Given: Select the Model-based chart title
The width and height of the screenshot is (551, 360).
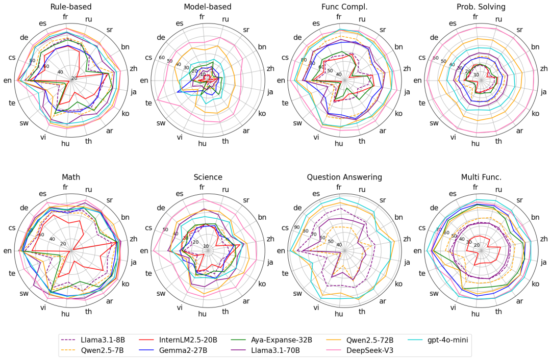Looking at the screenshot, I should (x=208, y=7).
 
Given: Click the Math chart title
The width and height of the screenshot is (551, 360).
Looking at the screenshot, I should (x=71, y=177).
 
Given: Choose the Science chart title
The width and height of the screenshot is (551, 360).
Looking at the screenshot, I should (x=208, y=177).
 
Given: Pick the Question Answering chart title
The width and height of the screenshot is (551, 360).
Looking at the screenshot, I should (x=344, y=177).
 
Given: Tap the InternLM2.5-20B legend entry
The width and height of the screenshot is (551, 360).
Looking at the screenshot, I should (x=188, y=340).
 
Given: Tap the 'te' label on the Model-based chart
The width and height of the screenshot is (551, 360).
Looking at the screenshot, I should (x=148, y=102).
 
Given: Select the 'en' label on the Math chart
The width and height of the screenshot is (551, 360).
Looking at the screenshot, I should (x=8, y=250).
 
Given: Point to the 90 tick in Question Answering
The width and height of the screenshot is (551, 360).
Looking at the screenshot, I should (x=296, y=227).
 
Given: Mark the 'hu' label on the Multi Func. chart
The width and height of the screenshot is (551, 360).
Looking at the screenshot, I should (x=475, y=314).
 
